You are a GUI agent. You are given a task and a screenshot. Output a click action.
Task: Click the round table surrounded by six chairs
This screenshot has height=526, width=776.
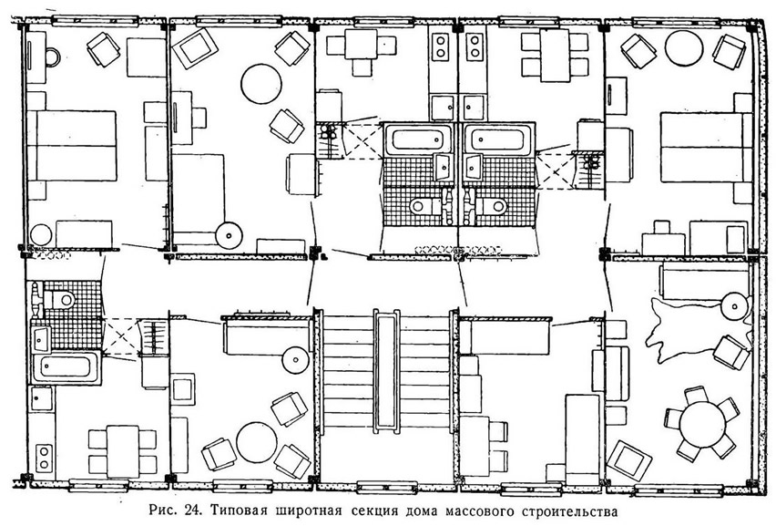click(701, 424)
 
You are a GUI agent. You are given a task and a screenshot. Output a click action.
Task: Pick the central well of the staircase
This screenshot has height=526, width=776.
click(386, 371)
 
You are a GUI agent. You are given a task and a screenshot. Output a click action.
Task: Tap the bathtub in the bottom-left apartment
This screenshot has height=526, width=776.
click(66, 366)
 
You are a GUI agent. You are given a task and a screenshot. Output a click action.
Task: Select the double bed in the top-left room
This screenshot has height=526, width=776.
click(71, 146)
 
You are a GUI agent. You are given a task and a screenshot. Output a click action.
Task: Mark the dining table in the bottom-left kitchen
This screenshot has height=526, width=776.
click(123, 451)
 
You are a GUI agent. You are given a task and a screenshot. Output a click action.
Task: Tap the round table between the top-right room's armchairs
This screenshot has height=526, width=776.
click(684, 48)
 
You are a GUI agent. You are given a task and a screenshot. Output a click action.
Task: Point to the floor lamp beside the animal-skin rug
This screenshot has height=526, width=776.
click(734, 305)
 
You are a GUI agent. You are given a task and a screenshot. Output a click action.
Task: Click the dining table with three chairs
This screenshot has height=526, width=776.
click(362, 45)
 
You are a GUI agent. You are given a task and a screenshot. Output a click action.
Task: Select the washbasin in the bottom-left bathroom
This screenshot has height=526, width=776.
click(41, 339)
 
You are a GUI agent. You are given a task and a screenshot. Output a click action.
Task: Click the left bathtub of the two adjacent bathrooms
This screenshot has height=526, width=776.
click(419, 139)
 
